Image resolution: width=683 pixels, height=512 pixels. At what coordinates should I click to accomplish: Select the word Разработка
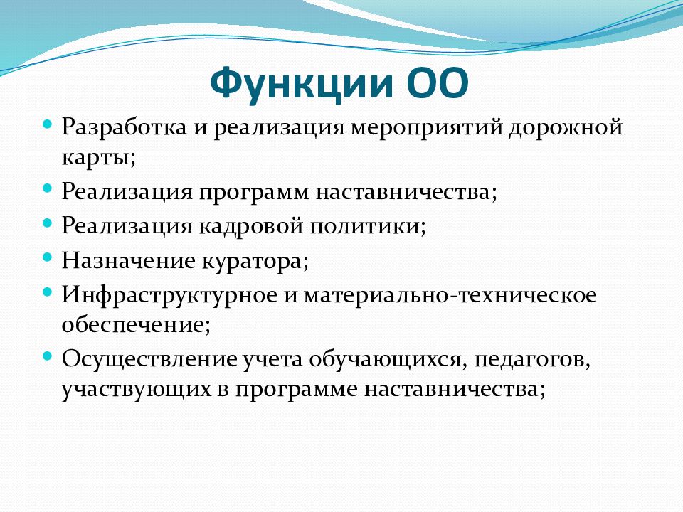(x=124, y=127)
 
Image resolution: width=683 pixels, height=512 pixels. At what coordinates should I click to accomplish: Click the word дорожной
(x=566, y=128)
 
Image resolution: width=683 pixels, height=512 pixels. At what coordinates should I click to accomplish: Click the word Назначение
(x=129, y=261)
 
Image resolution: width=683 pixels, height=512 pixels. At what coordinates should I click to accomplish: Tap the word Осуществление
(x=150, y=360)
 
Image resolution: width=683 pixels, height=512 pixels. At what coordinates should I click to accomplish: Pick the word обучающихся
(x=385, y=360)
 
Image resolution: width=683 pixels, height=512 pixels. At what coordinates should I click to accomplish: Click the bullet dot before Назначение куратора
(x=47, y=257)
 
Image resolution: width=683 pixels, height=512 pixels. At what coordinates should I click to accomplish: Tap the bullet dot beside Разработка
(x=47, y=124)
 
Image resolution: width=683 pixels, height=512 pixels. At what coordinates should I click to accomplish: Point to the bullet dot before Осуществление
(x=47, y=356)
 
